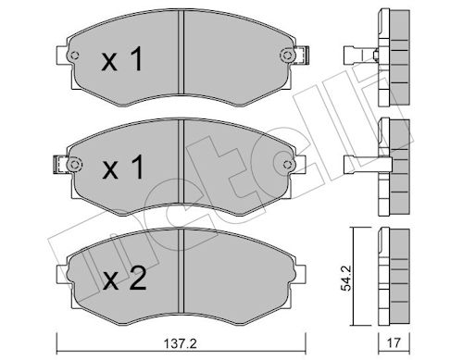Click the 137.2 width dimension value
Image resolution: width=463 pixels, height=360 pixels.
tap(180, 343)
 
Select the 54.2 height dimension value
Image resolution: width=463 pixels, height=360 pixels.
tap(346, 278)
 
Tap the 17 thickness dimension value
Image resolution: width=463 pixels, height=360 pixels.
tap(394, 342)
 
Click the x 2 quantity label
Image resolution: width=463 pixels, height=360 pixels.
tap(124, 279)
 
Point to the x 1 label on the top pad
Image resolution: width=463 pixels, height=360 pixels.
tap(122, 59)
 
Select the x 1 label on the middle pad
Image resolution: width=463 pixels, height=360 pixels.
tap(122, 167)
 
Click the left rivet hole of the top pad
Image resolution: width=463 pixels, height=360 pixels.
tap(74, 56)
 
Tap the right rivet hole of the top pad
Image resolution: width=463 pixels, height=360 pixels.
tap(287, 56)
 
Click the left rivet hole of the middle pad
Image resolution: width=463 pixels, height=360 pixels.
tap(74, 165)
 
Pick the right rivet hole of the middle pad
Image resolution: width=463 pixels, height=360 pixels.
tap(287, 165)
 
